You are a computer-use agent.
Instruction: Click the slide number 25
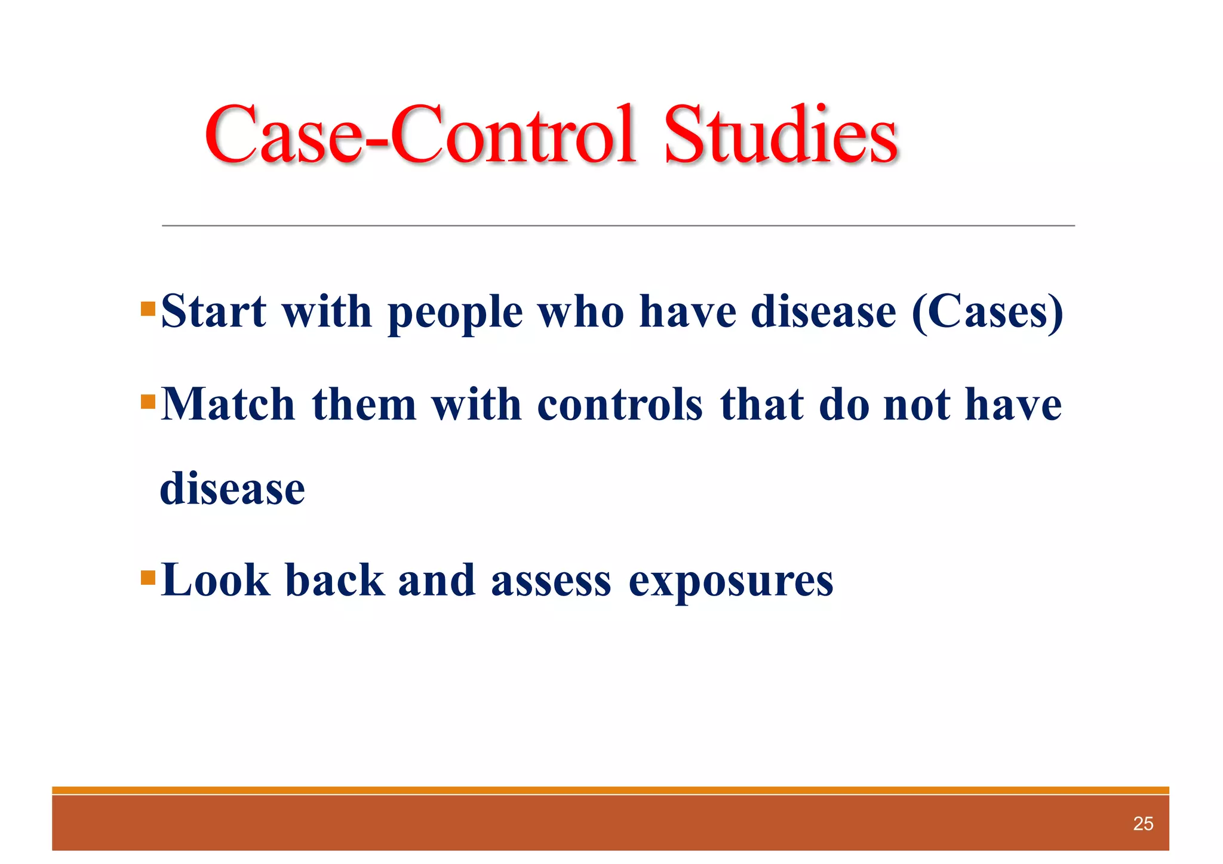[x=1143, y=824]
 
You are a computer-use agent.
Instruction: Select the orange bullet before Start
[x=148, y=309]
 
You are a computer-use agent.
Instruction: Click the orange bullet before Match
[x=148, y=402]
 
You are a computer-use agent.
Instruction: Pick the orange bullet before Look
[x=148, y=578]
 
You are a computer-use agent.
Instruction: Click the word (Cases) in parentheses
[x=988, y=312]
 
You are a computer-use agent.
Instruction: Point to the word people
[x=456, y=313]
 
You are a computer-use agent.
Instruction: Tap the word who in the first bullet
[x=581, y=312]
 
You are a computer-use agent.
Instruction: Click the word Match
[x=228, y=405]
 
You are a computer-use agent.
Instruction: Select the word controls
[x=620, y=405]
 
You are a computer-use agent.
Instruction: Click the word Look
[x=215, y=580]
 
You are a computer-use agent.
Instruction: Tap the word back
[x=334, y=580]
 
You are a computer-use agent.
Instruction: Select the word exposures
[x=731, y=582]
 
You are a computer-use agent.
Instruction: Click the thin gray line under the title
[x=618, y=226]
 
